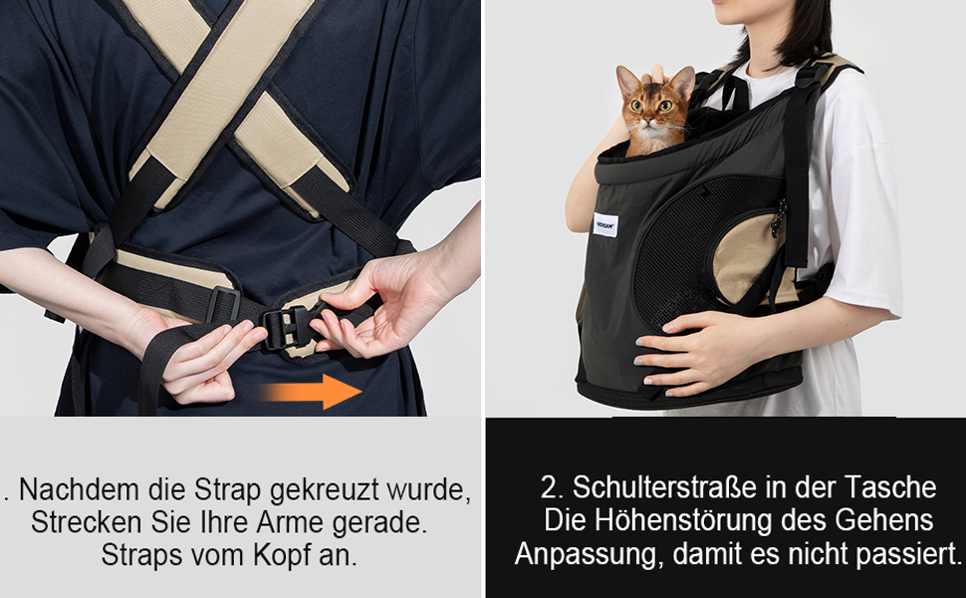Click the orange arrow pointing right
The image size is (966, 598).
[311, 391]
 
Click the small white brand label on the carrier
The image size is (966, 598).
[605, 224]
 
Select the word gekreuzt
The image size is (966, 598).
[324, 491]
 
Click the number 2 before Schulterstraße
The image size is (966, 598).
[550, 487]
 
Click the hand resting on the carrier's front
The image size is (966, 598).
[684, 352]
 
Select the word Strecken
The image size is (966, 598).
[84, 522]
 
